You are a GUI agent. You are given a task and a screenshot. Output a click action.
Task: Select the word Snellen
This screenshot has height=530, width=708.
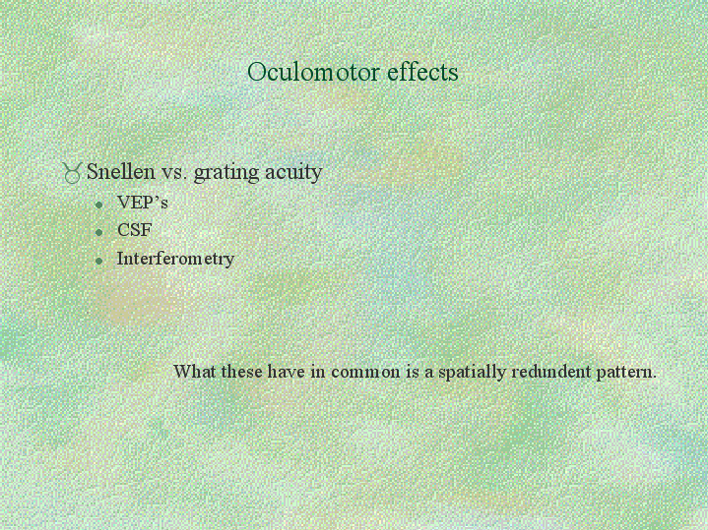click(120, 172)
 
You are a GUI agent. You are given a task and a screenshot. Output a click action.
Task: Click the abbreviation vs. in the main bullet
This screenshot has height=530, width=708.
click(174, 173)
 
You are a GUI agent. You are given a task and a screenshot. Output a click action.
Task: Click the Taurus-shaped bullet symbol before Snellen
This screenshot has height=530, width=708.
click(72, 173)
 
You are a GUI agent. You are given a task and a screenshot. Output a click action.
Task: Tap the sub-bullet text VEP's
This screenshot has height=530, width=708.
click(143, 203)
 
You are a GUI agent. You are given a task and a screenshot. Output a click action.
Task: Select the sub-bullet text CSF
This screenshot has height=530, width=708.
click(135, 230)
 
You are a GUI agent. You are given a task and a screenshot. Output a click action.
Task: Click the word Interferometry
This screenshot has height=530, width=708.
click(175, 259)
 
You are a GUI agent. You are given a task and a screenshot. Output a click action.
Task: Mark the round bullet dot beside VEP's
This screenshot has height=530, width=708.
click(99, 206)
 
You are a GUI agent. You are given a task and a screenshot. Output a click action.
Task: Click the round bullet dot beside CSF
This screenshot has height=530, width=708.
click(99, 232)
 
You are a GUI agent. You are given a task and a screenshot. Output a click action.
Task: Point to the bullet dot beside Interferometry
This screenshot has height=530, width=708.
click(99, 261)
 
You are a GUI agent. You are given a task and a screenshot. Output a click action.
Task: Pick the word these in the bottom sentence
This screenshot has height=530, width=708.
click(241, 372)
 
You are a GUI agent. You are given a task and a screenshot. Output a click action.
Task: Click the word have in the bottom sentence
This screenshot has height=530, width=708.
click(287, 372)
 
